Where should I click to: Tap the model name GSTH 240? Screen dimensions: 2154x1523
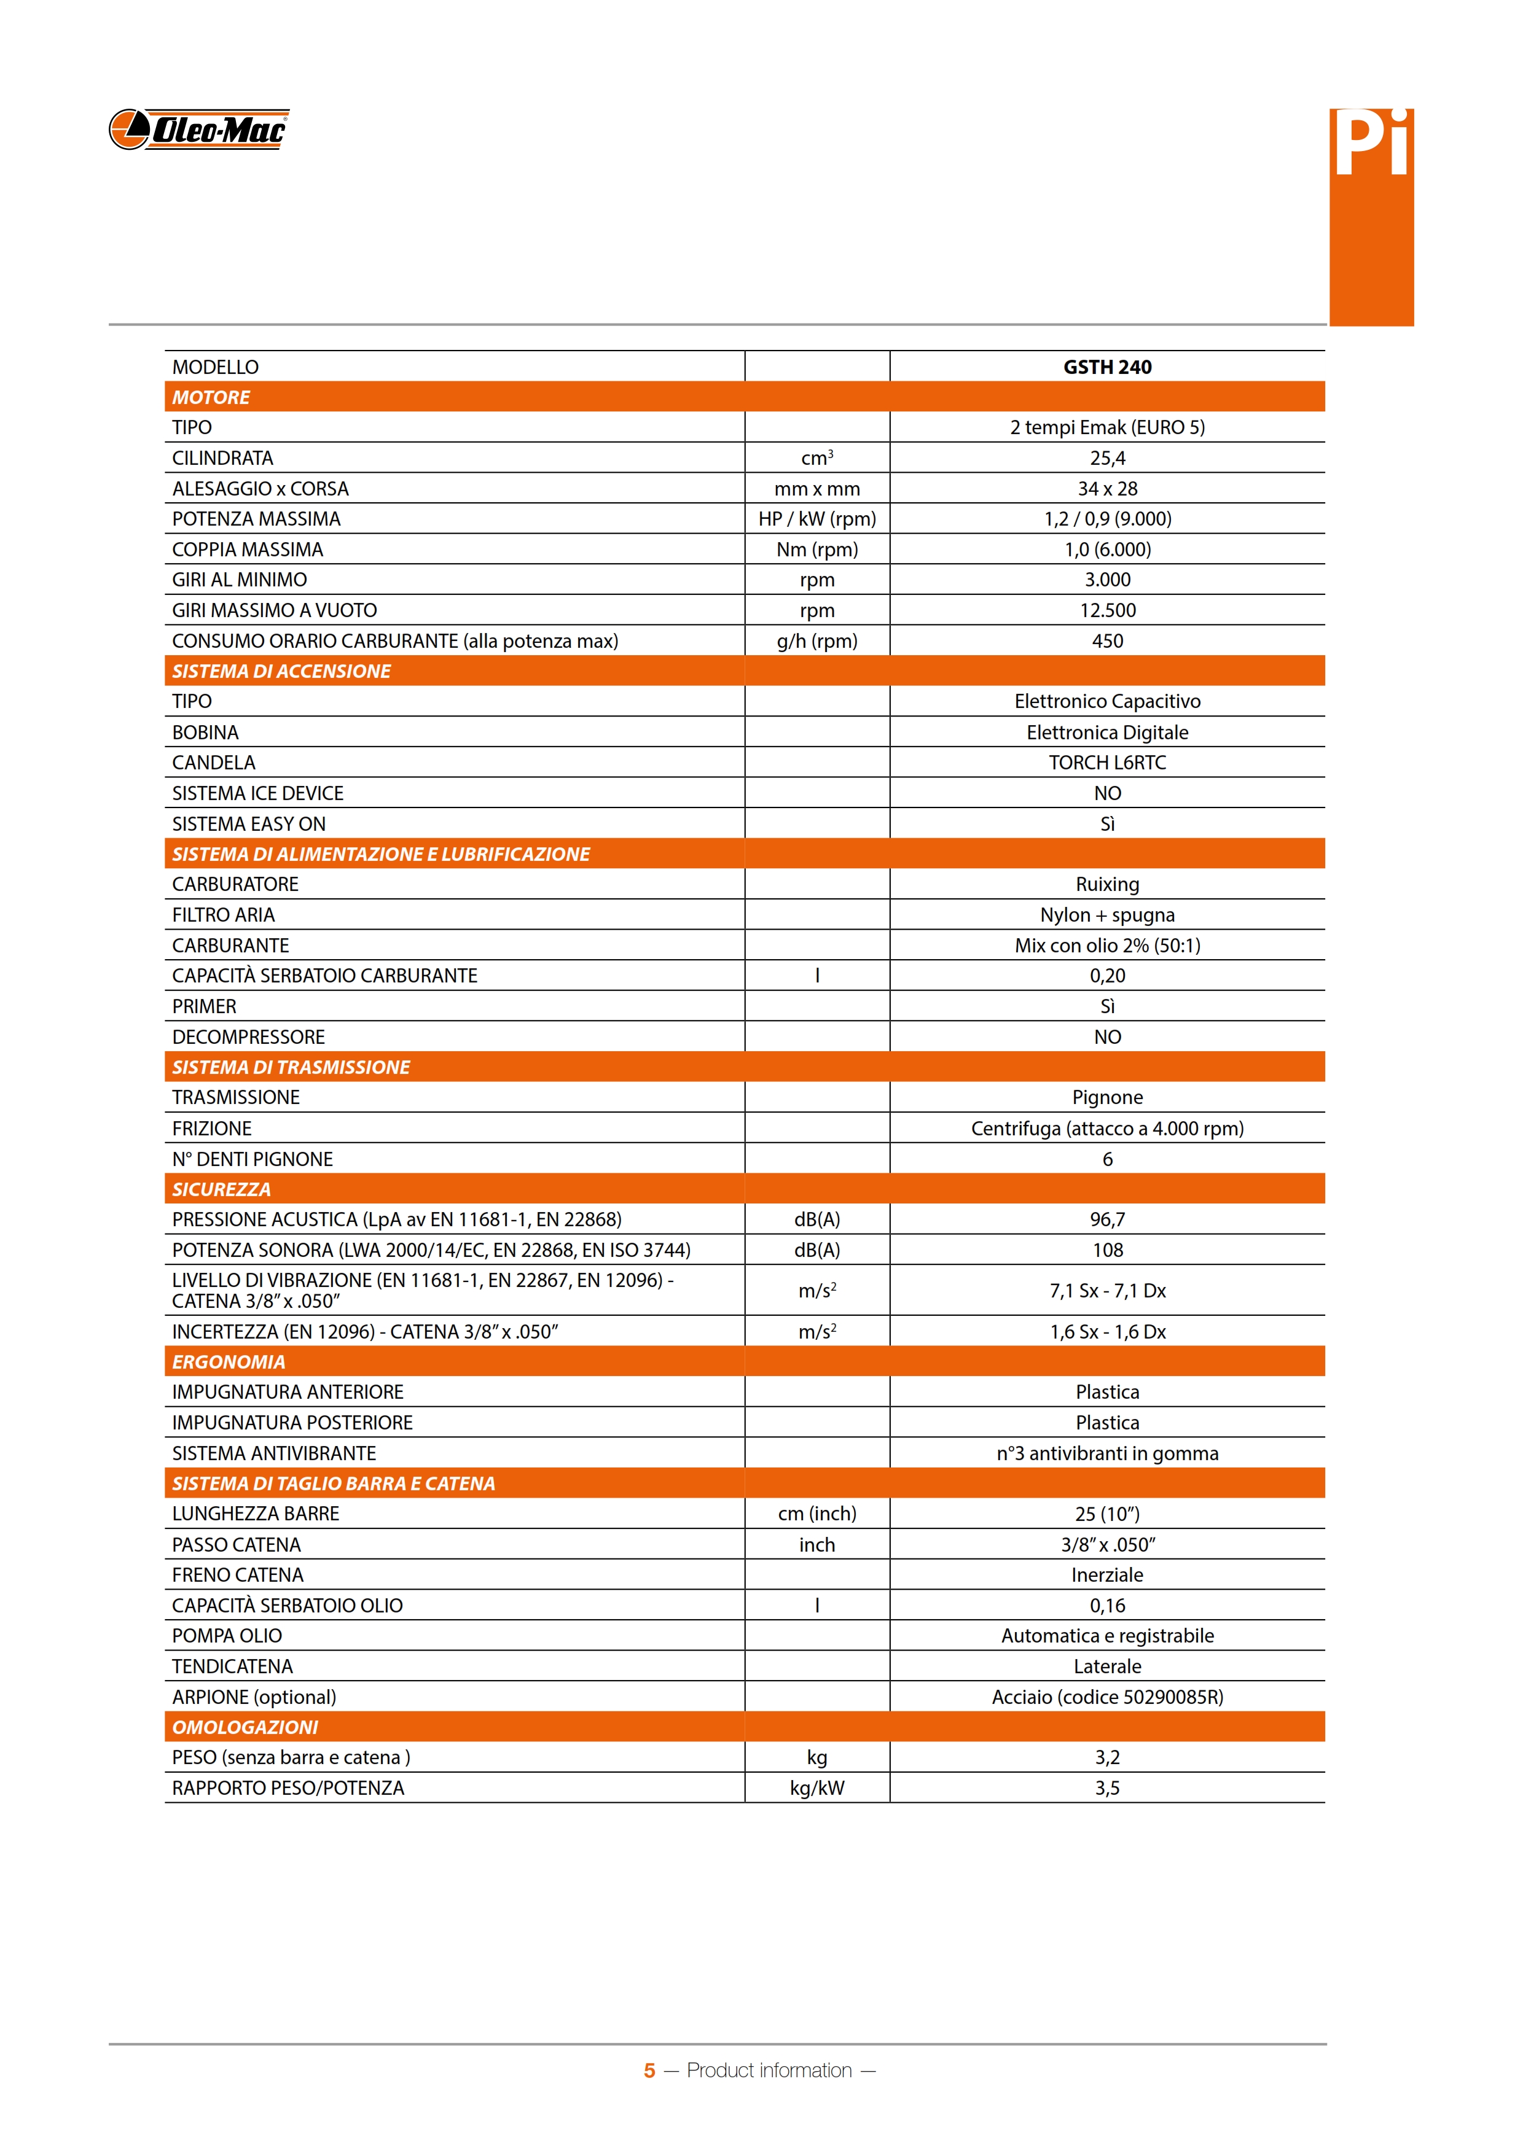[x=1106, y=367]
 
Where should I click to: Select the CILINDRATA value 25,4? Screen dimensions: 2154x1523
[x=1106, y=458]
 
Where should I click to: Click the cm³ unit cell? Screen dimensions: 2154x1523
[x=816, y=458]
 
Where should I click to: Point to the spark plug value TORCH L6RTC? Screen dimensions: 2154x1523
[x=1106, y=762]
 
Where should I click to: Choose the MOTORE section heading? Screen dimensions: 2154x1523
[x=211, y=397]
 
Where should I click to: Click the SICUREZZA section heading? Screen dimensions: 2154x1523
[x=221, y=1189]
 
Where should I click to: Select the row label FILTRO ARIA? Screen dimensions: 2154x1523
[x=224, y=915]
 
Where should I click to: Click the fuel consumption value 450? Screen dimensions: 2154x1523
[x=1106, y=641]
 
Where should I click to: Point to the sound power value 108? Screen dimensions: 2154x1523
[x=1106, y=1250]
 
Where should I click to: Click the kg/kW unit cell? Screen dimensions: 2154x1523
[x=816, y=1787]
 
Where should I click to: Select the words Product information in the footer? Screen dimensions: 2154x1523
[x=769, y=2070]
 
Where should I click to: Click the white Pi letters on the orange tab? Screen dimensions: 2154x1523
[x=1371, y=146]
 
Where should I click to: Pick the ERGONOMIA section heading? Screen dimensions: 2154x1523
[x=228, y=1361]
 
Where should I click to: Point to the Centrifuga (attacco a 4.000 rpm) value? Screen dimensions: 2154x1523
[x=1106, y=1128]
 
